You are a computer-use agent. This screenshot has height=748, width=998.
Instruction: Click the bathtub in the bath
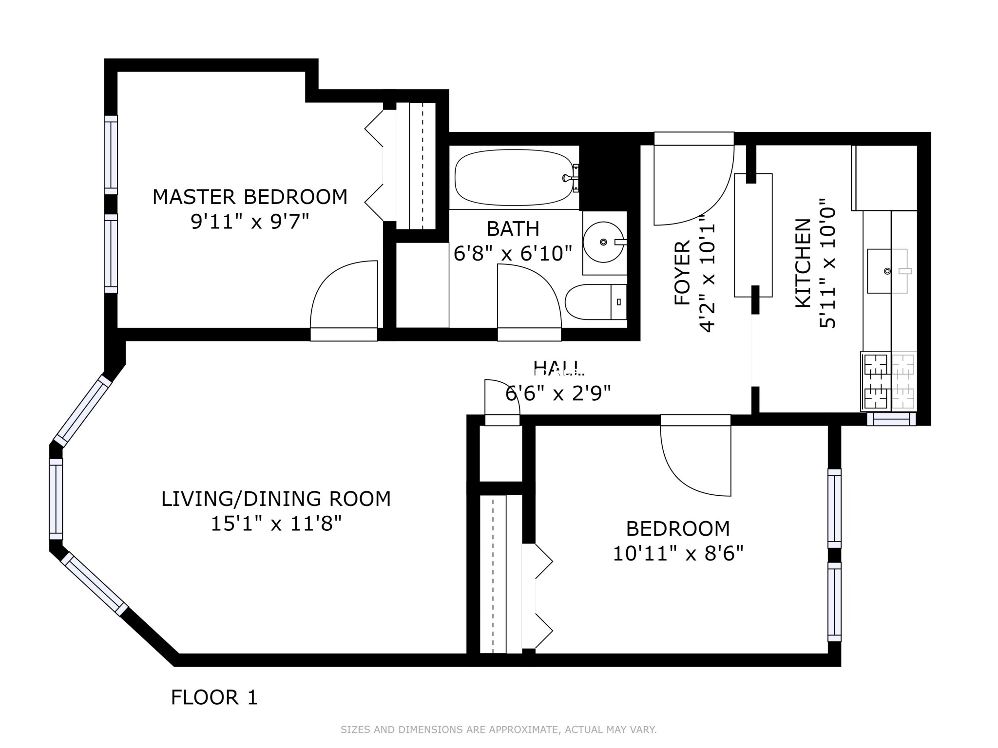(x=514, y=177)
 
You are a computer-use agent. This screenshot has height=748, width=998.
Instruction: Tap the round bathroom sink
(x=603, y=242)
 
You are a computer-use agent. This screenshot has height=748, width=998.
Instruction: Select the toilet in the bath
(x=595, y=302)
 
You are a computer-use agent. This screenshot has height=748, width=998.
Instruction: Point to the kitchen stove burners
(x=876, y=380)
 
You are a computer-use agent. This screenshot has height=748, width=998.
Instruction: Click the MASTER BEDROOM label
(x=250, y=197)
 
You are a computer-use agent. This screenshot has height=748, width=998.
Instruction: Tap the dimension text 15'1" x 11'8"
(x=276, y=524)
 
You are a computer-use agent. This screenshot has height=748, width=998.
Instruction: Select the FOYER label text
(x=682, y=273)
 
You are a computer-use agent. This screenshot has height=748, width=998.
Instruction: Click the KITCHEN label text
(x=803, y=263)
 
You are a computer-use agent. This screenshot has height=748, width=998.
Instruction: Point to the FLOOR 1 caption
(x=214, y=697)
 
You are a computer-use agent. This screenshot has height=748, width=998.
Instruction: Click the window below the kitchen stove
(x=891, y=419)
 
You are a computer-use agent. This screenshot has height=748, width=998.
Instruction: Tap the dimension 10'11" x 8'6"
(x=678, y=554)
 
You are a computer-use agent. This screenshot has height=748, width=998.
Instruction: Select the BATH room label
(x=513, y=229)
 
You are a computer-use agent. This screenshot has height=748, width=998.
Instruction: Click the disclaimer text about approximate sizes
(x=499, y=729)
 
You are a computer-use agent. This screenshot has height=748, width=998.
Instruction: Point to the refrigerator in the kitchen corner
(x=884, y=178)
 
